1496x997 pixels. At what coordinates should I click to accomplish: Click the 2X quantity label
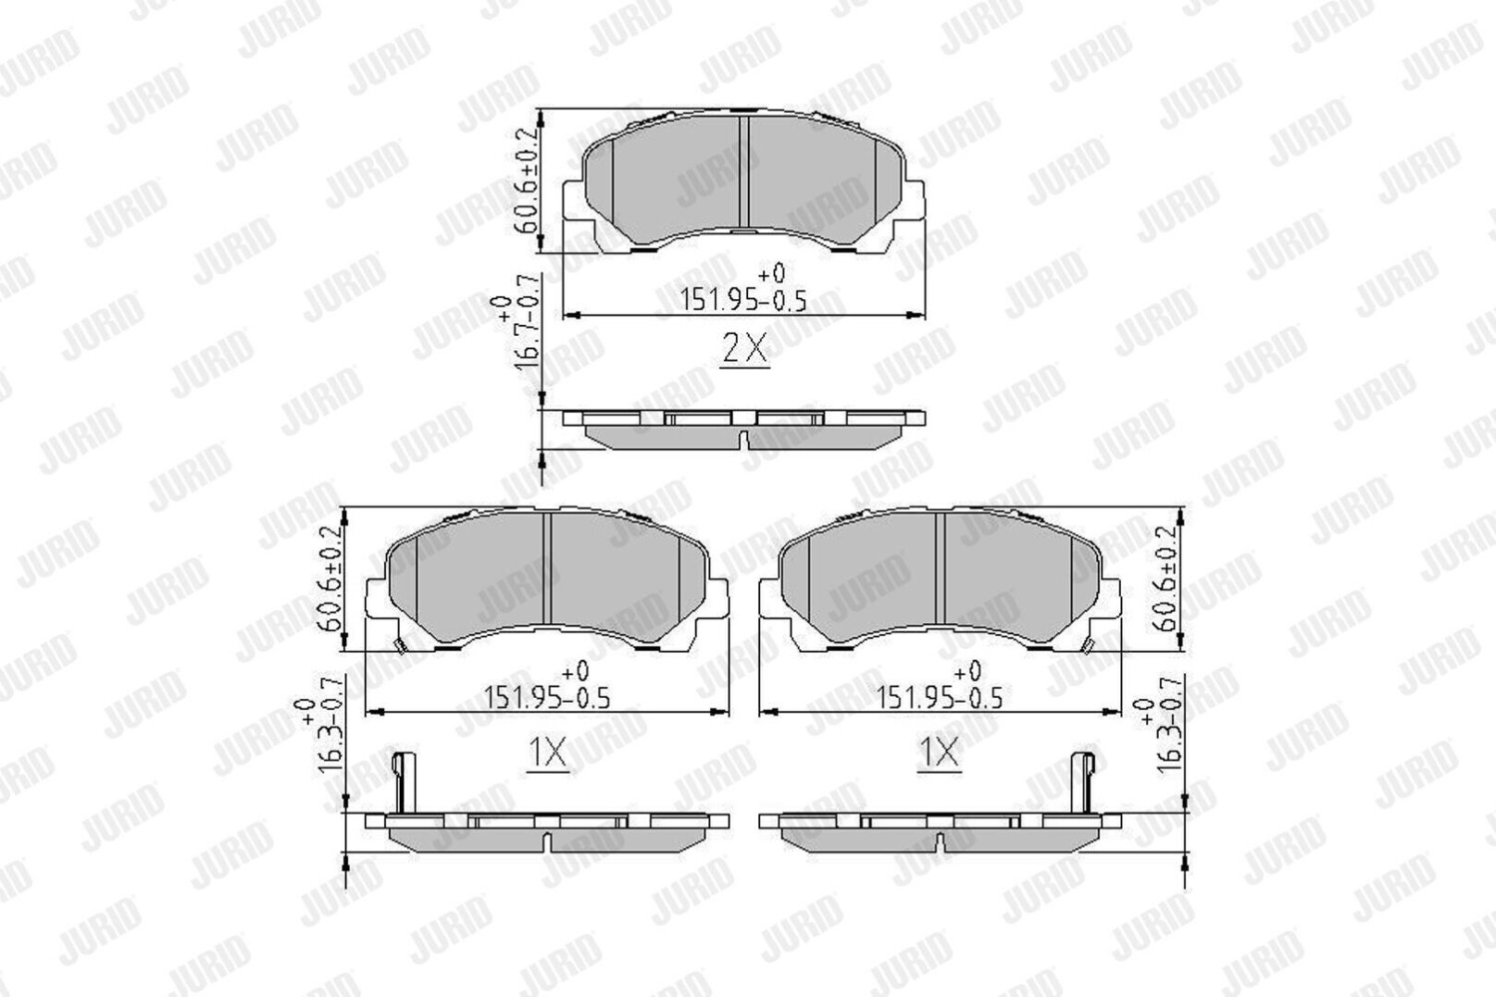pyautogui.click(x=746, y=349)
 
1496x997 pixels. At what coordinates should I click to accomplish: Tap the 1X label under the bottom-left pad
pyautogui.click(x=549, y=754)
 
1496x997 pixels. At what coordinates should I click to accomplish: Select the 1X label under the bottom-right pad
pyautogui.click(x=939, y=754)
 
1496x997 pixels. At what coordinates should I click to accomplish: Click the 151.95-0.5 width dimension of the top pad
pyautogui.click(x=743, y=300)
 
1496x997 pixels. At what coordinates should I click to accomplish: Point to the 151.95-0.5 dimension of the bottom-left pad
pyautogui.click(x=547, y=699)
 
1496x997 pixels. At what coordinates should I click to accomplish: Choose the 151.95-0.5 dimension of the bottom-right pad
pyautogui.click(x=939, y=699)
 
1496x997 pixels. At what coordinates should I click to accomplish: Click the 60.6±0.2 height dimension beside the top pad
pyautogui.click(x=528, y=179)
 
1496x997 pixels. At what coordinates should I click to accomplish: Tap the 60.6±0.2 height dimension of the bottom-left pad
pyautogui.click(x=332, y=578)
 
